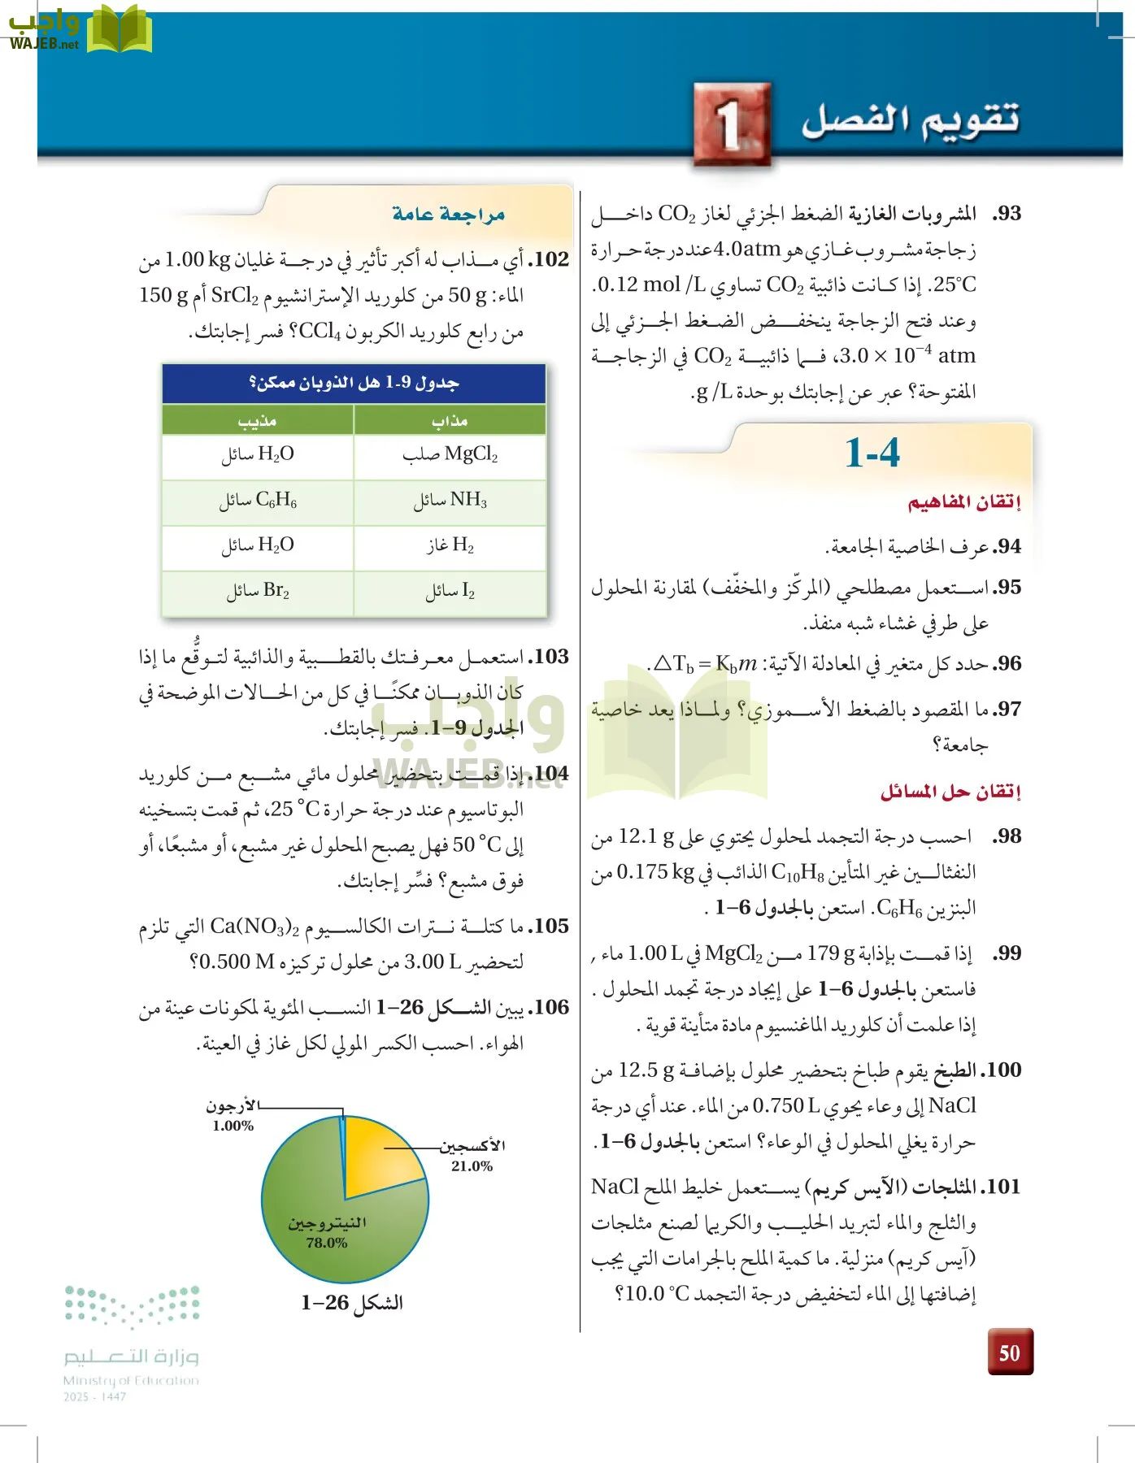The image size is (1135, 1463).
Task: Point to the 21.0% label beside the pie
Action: (472, 1166)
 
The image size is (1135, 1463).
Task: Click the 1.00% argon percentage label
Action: (233, 1126)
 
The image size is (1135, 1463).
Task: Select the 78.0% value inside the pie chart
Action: (327, 1243)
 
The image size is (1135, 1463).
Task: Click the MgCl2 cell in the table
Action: (450, 454)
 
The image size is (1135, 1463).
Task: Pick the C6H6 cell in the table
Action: (258, 500)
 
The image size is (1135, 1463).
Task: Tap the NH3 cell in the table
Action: (450, 500)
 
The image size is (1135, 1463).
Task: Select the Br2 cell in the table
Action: (258, 591)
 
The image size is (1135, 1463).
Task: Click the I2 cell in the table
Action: (450, 591)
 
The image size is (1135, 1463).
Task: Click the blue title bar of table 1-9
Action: (354, 383)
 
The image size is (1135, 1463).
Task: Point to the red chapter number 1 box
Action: (732, 124)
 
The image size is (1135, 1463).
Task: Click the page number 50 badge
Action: (1010, 1352)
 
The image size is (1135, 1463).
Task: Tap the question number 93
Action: (1007, 214)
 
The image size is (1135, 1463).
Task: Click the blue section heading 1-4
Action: (872, 453)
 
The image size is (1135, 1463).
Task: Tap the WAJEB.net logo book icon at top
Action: (119, 29)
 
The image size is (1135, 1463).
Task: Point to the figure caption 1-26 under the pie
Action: (351, 1303)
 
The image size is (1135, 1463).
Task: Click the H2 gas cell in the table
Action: (450, 545)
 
